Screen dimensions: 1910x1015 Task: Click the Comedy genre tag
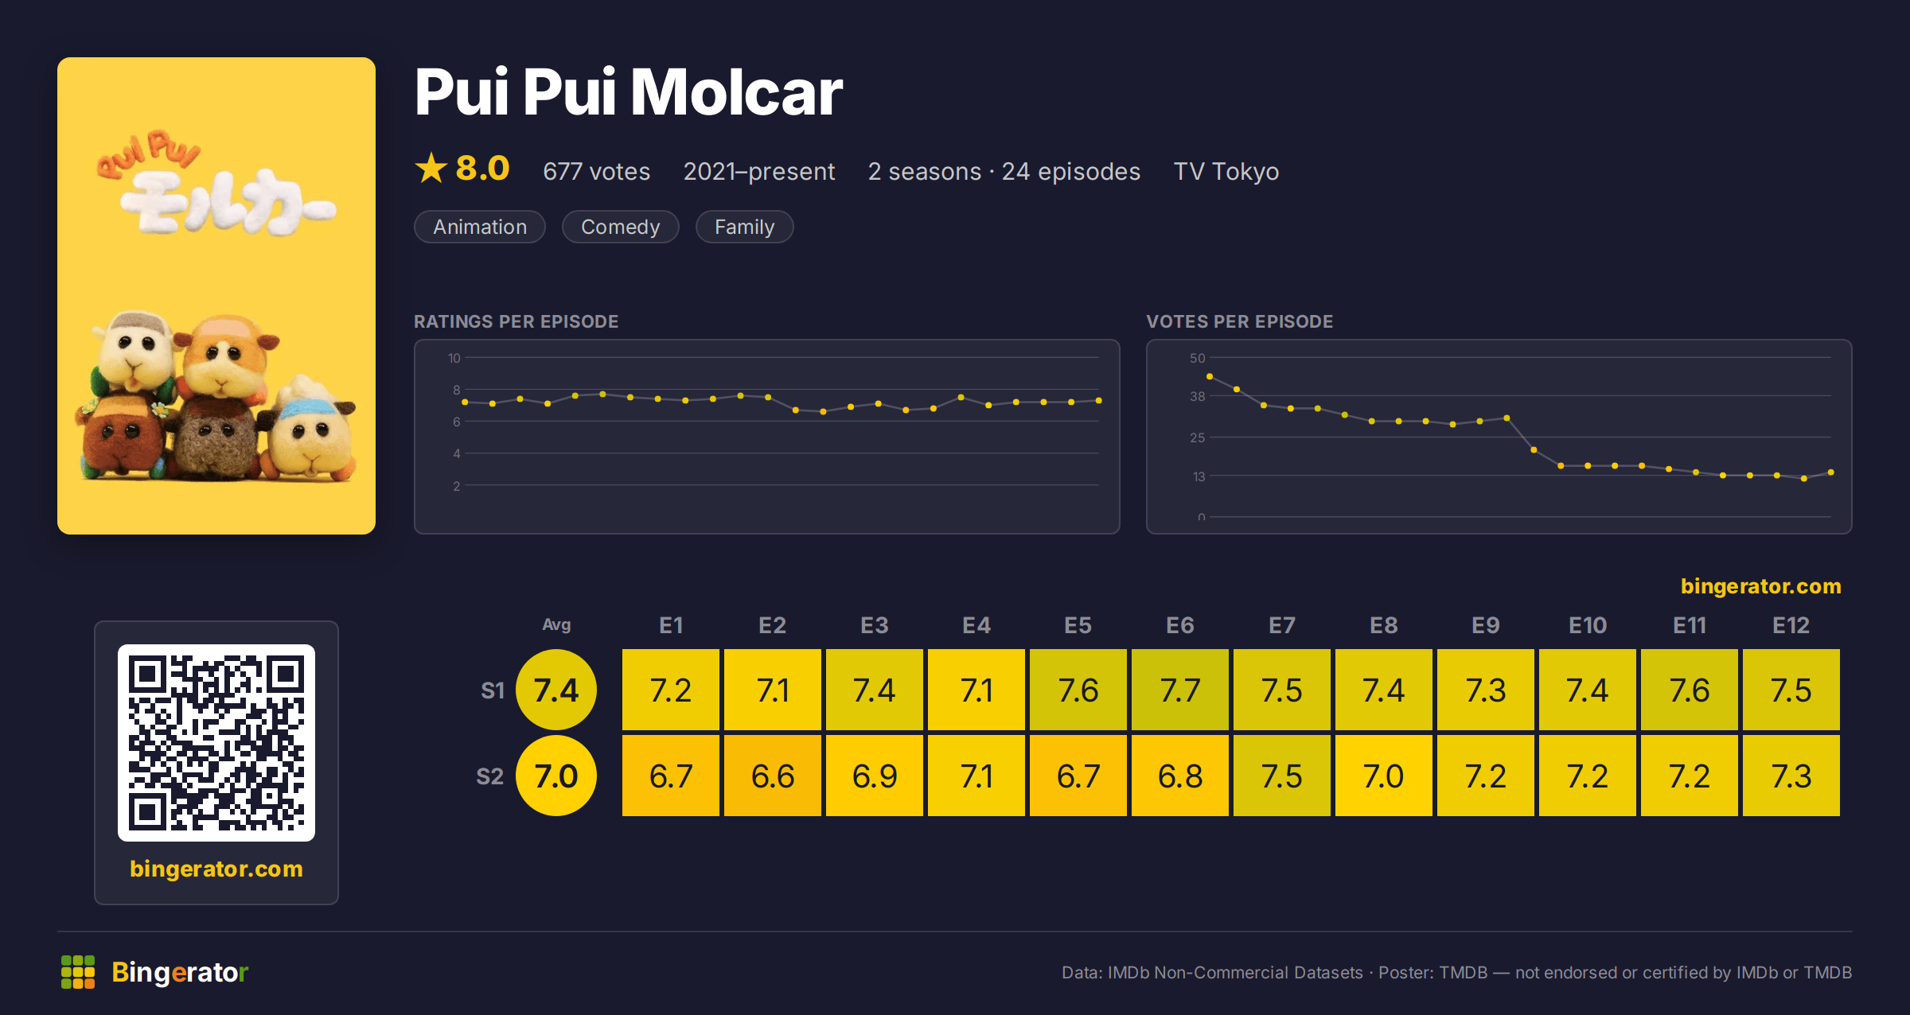click(x=620, y=227)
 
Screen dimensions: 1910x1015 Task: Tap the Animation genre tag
click(x=480, y=227)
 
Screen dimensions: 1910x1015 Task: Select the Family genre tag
click(x=744, y=227)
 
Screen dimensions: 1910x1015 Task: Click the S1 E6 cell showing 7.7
click(x=1180, y=690)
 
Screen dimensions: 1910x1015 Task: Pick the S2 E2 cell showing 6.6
click(x=773, y=776)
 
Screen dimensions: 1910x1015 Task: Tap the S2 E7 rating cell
click(x=1282, y=776)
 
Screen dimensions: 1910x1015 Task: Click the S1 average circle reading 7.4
click(x=556, y=690)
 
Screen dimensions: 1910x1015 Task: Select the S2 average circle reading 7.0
click(x=556, y=776)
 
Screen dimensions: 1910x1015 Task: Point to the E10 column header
click(x=1588, y=625)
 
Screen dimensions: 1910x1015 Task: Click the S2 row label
click(x=489, y=776)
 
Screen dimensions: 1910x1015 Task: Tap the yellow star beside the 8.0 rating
click(x=431, y=168)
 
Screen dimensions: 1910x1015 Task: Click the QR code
click(x=216, y=743)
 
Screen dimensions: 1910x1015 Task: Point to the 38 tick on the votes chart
click(x=1197, y=396)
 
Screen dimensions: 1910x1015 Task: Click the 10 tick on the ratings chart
click(x=454, y=358)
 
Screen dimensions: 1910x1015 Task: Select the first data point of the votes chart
click(x=1210, y=376)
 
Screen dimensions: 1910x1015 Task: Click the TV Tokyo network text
click(x=1226, y=171)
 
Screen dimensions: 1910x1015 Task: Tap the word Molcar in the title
click(x=736, y=92)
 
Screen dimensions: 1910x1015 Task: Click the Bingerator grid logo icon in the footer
click(x=78, y=972)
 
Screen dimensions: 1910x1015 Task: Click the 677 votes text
click(x=596, y=171)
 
